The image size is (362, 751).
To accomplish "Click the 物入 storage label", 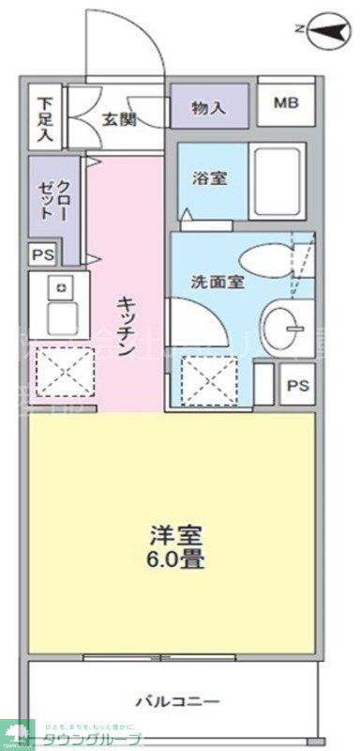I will pos(208,107).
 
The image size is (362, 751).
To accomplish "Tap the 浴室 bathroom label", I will pos(207,178).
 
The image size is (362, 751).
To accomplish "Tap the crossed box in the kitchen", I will pos(64,373).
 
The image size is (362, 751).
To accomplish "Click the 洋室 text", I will pos(175,536).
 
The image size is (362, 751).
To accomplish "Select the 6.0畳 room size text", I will pos(175,561).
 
